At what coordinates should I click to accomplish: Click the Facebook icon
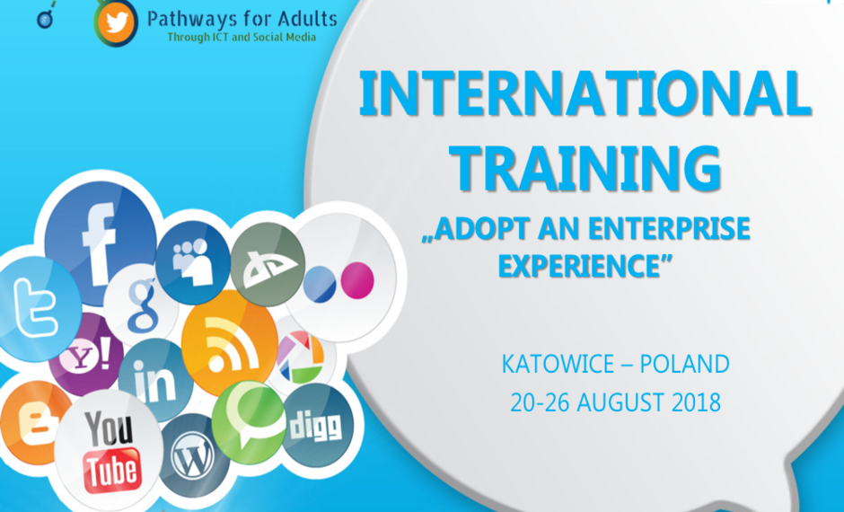tap(101, 243)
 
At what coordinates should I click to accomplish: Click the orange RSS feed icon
tap(229, 343)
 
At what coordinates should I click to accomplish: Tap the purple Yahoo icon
tap(86, 356)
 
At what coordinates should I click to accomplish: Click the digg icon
tap(318, 426)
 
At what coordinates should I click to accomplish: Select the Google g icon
tap(141, 305)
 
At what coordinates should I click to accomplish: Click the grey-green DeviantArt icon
tap(268, 264)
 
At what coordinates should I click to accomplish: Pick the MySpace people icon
tap(193, 262)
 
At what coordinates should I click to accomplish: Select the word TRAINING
tap(585, 167)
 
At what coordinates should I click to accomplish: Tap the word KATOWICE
tap(557, 365)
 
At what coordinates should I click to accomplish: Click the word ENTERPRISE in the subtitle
tap(669, 228)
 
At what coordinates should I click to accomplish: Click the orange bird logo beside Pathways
tap(116, 22)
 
